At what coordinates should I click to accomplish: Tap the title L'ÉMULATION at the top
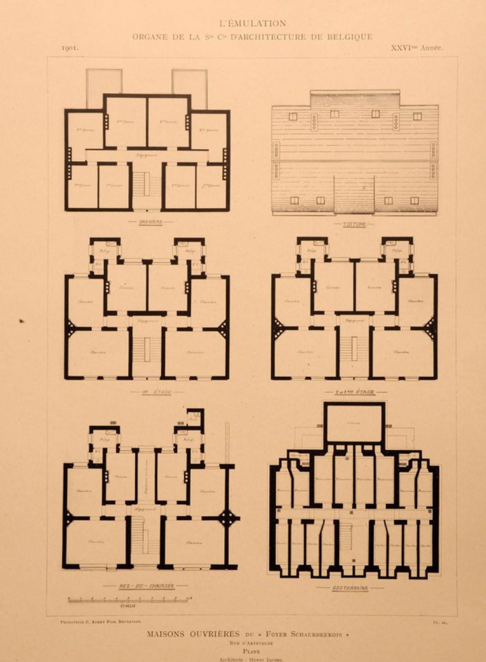[252, 23]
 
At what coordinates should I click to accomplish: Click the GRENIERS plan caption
[151, 222]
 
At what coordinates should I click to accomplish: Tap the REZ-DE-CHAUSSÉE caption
[145, 586]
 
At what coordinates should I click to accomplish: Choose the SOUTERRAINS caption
[350, 588]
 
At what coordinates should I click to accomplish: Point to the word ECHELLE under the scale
[128, 605]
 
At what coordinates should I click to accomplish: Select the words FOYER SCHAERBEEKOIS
[303, 634]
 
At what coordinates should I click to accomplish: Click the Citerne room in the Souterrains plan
[354, 423]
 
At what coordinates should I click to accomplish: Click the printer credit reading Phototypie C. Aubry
[101, 621]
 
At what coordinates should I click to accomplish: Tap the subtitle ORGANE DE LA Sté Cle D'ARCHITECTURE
[252, 37]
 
